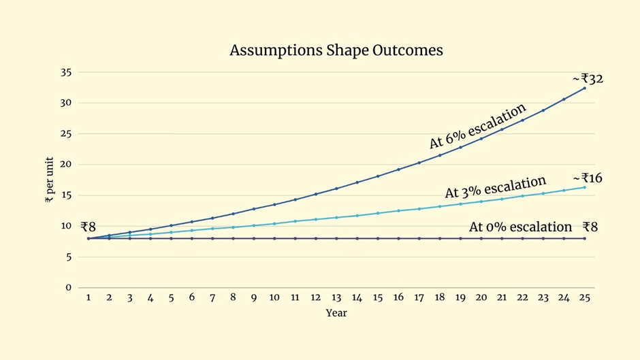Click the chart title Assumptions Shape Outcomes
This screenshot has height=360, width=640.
coord(336,50)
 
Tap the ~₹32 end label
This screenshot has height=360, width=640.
coord(588,79)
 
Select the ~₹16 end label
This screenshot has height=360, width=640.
coord(588,178)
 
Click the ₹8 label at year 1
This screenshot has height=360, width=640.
coord(89,227)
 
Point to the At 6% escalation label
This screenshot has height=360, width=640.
coord(478,126)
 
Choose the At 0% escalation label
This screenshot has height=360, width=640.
coord(521,227)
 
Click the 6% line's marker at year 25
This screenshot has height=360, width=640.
coord(584,88)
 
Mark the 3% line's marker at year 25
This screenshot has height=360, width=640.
coord(584,187)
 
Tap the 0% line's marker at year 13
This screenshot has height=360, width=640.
coord(336,238)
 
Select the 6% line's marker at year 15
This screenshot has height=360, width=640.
coord(378,176)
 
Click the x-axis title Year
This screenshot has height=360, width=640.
coord(336,314)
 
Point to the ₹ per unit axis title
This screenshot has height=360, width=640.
coord(49,180)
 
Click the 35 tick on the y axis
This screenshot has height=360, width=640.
coord(66,72)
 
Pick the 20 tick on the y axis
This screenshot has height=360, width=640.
coord(66,165)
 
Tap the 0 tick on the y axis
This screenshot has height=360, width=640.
coord(69,287)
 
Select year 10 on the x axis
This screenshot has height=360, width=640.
coord(274,297)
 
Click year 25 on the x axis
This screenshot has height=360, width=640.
coord(584,297)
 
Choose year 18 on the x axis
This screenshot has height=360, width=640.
coord(440,297)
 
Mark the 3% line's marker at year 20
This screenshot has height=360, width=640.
coord(481,201)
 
